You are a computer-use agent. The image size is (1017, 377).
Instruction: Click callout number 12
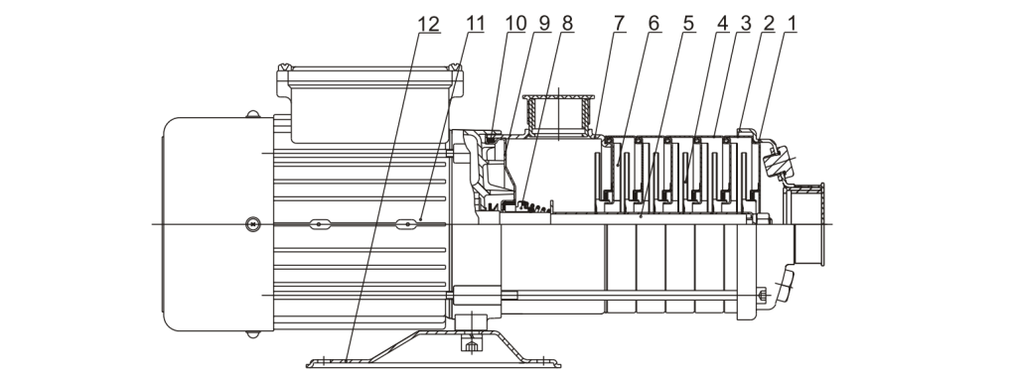[429, 25]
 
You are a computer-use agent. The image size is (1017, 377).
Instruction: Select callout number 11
[476, 24]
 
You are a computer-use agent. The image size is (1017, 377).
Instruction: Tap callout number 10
[516, 24]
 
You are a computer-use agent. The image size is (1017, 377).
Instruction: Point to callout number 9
[543, 24]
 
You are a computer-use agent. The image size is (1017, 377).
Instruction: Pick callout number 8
[567, 24]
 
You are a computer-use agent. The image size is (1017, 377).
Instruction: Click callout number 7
[619, 24]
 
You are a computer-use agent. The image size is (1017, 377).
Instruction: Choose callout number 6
[654, 24]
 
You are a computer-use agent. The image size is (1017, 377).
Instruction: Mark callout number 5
[688, 24]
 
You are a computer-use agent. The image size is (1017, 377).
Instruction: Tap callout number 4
[723, 24]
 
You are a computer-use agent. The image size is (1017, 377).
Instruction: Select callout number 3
[745, 24]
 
